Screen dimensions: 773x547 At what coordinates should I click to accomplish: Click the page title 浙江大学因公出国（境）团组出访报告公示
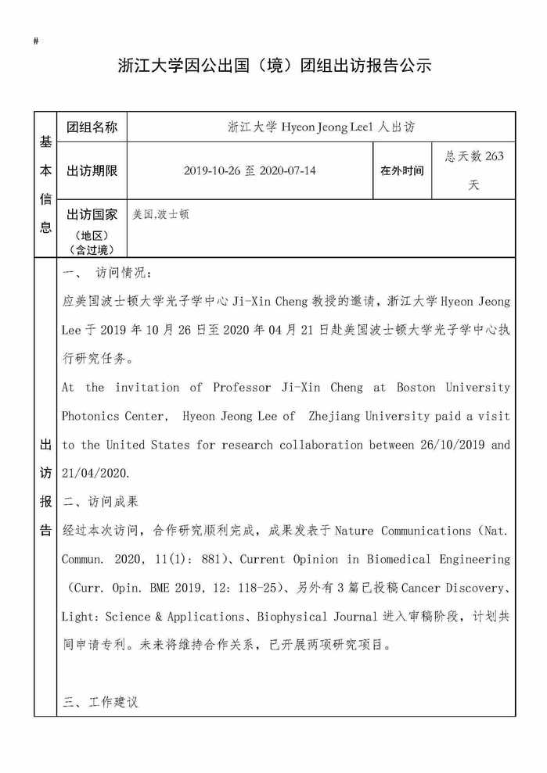[274, 66]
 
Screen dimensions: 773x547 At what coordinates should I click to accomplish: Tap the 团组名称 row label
[92, 127]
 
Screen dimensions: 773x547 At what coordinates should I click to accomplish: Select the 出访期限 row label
[92, 170]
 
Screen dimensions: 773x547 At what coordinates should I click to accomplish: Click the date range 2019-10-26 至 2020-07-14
[250, 170]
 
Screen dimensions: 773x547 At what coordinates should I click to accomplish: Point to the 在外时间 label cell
[401, 170]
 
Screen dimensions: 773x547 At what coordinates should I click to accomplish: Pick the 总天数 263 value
[474, 156]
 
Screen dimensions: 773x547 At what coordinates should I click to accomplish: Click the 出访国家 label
[92, 215]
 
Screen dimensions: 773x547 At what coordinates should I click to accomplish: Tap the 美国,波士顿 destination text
[160, 213]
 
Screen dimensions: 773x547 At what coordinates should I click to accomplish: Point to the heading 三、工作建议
[100, 702]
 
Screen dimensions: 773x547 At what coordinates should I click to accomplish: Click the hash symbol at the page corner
[37, 41]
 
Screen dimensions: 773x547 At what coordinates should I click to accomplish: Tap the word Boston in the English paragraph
[416, 388]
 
